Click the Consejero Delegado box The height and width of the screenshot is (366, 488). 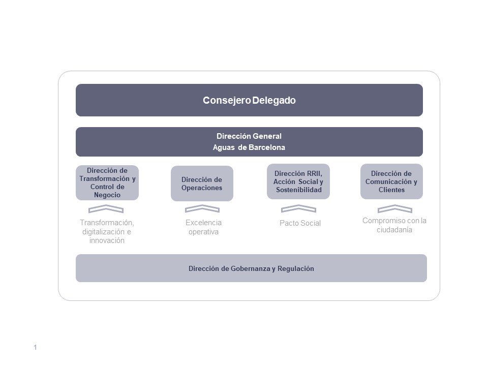pyautogui.click(x=249, y=100)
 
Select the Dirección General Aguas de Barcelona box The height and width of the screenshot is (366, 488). pyautogui.click(x=249, y=142)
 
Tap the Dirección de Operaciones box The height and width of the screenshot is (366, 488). pyautogui.click(x=202, y=184)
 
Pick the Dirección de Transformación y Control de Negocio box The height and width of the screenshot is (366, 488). pyautogui.click(x=107, y=182)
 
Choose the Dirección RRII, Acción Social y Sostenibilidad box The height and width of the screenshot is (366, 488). pyautogui.click(x=298, y=181)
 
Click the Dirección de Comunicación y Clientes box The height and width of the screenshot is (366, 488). pyautogui.click(x=391, y=181)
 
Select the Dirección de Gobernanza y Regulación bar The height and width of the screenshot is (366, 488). pyautogui.click(x=251, y=268)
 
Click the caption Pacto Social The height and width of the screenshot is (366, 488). pyautogui.click(x=300, y=223)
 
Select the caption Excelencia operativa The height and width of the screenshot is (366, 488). pyautogui.click(x=203, y=227)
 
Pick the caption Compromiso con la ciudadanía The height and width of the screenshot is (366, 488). pyautogui.click(x=394, y=225)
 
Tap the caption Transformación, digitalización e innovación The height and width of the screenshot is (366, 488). pyautogui.click(x=107, y=232)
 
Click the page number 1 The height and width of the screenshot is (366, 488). pyautogui.click(x=35, y=347)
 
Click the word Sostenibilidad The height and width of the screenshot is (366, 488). pyautogui.click(x=299, y=190)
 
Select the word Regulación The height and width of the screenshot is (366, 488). pyautogui.click(x=296, y=268)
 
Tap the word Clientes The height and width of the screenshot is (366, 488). pyautogui.click(x=391, y=190)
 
